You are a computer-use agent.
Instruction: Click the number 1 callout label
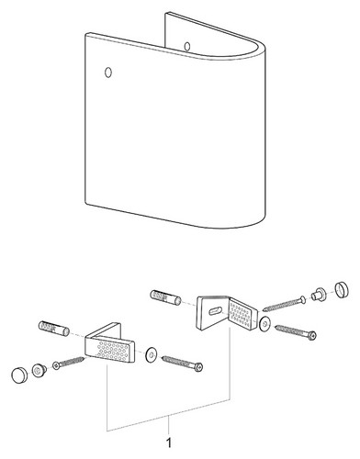pyautogui.click(x=169, y=442)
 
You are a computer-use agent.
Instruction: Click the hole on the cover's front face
pyautogui.click(x=108, y=73)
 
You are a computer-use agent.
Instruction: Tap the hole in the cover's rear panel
pyautogui.click(x=187, y=47)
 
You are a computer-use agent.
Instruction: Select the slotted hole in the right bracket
pyautogui.click(x=216, y=311)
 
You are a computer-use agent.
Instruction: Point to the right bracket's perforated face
pyautogui.click(x=242, y=314)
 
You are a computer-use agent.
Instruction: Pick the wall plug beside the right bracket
pyautogui.click(x=165, y=297)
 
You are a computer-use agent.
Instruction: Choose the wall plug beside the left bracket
pyautogui.click(x=54, y=328)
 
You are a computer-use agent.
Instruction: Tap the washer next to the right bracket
pyautogui.click(x=264, y=324)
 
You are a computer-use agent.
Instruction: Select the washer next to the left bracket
pyautogui.click(x=151, y=354)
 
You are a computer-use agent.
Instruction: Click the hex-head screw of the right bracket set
pyautogui.click(x=296, y=332)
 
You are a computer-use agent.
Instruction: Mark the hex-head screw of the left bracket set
pyautogui.click(x=182, y=363)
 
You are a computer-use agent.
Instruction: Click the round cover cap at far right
pyautogui.click(x=342, y=290)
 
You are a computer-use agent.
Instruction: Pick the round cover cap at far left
pyautogui.click(x=20, y=375)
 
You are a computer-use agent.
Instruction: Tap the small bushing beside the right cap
pyautogui.click(x=319, y=295)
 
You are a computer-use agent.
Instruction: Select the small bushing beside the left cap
pyautogui.click(x=39, y=370)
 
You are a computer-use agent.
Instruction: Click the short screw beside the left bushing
pyautogui.click(x=69, y=362)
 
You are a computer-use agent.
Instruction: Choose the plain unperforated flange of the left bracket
pyautogui.click(x=106, y=330)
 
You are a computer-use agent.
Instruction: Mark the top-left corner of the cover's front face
pyautogui.click(x=85, y=34)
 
